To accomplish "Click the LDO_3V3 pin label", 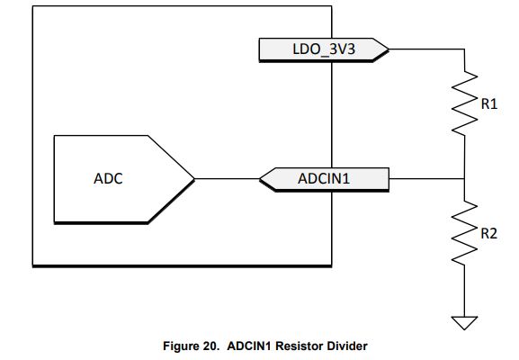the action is (324, 49).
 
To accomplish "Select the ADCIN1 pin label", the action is (324, 179).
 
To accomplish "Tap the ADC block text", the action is (108, 179).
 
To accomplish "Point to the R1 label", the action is (489, 104).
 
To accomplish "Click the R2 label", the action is (489, 233).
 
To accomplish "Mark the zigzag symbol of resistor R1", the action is (464, 103).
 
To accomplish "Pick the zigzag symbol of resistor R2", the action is (464, 232).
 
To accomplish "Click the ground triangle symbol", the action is (464, 323).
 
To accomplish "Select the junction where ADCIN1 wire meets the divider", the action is (464, 179).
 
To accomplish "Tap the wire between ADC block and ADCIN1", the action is (227, 179).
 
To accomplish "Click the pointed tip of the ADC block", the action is (194, 179).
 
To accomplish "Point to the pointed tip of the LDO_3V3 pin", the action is (389, 49).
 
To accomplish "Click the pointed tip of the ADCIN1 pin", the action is (260, 179).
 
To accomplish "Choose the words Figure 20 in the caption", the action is (191, 346).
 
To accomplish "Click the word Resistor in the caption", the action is (300, 346).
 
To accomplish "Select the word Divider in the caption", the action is (347, 346).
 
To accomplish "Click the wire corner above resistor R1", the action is (464, 49).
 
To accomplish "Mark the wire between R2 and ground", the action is (464, 291).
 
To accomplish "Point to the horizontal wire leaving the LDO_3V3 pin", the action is (426, 49).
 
